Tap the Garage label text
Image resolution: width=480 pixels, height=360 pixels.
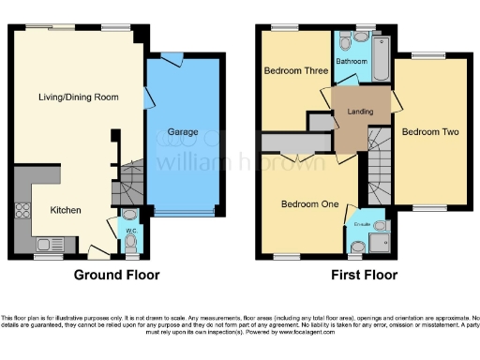pyautogui.click(x=183, y=132)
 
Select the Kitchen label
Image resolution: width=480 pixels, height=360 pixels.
pyautogui.click(x=66, y=210)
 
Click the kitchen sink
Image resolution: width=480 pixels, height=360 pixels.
pyautogui.click(x=45, y=246)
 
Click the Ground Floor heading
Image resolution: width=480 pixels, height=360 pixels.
pyautogui.click(x=117, y=276)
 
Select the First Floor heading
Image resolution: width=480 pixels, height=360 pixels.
pyautogui.click(x=364, y=276)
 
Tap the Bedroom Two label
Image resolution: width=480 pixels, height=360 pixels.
pyautogui.click(x=430, y=132)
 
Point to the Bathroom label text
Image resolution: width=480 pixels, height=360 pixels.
pyautogui.click(x=352, y=62)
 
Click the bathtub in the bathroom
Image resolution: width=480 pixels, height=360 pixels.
pyautogui.click(x=382, y=56)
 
